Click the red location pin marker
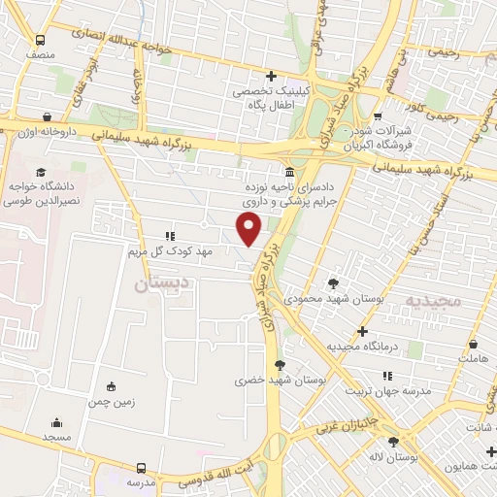[x=249, y=228]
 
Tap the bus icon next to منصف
[x=40, y=41]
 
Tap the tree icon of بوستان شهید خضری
[x=281, y=365]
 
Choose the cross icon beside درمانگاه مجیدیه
[x=362, y=331]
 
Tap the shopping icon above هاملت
[x=473, y=344]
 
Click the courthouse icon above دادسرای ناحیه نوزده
[x=290, y=172]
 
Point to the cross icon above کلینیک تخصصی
[x=272, y=76]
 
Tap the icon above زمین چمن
[x=112, y=384]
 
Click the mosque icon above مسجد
[x=56, y=422]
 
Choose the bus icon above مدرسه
[x=142, y=467]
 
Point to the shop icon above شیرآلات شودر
[x=377, y=115]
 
